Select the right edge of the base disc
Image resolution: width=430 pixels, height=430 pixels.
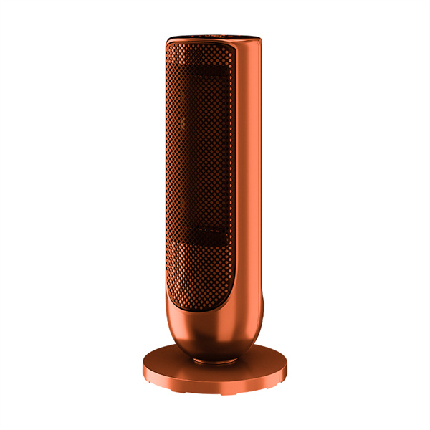[x=284, y=370]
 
